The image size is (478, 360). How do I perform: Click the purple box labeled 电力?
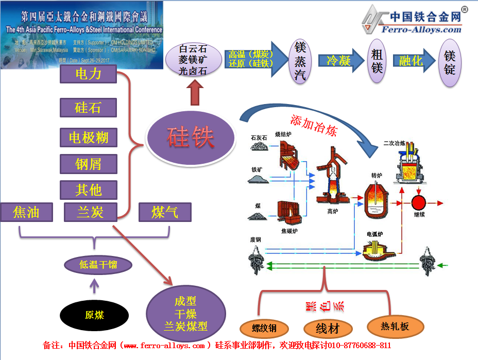pyautogui.click(x=88, y=74)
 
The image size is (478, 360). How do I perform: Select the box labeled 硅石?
pyautogui.click(x=88, y=108)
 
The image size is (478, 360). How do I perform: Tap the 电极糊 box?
pyautogui.click(x=88, y=138)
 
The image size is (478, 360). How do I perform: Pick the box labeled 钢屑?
pyautogui.click(x=88, y=164)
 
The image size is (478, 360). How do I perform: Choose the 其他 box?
pyautogui.click(x=88, y=190)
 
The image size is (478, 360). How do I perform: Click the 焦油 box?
pyautogui.click(x=26, y=212)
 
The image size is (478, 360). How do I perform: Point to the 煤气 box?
pyautogui.click(x=165, y=212)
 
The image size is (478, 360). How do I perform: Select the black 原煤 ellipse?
pyautogui.click(x=94, y=315)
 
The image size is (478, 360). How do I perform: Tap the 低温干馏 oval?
pyautogui.click(x=98, y=265)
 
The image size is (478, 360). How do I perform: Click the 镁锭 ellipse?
pyautogui.click(x=450, y=62)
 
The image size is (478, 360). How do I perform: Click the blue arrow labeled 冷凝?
pyautogui.click(x=338, y=61)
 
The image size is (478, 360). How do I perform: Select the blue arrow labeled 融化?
pyautogui.click(x=411, y=61)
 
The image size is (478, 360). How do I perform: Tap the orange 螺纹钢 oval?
pyautogui.click(x=264, y=328)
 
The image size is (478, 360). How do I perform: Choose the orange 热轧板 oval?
pyautogui.click(x=395, y=326)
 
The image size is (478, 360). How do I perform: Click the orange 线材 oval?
pyautogui.click(x=328, y=328)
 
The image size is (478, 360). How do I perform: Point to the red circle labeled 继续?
pyautogui.click(x=419, y=202)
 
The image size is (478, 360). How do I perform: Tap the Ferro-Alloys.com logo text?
pyautogui.click(x=421, y=29)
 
